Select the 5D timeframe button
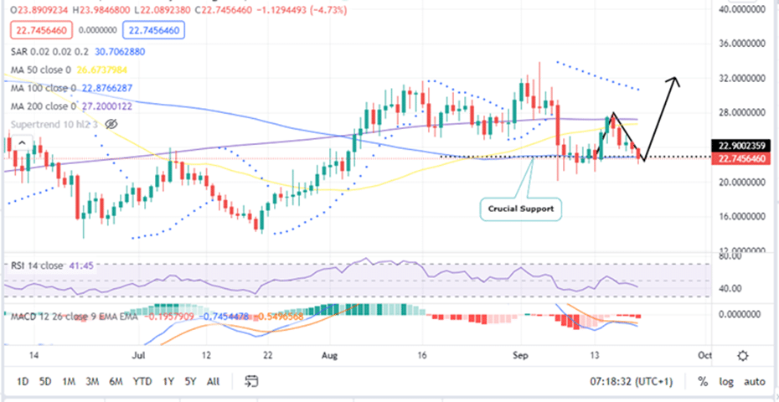pos(47,381)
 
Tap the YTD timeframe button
pos(142,381)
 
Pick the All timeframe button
pos(213,381)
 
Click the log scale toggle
pos(725,381)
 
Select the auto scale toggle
pos(755,381)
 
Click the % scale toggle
pos(702,381)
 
